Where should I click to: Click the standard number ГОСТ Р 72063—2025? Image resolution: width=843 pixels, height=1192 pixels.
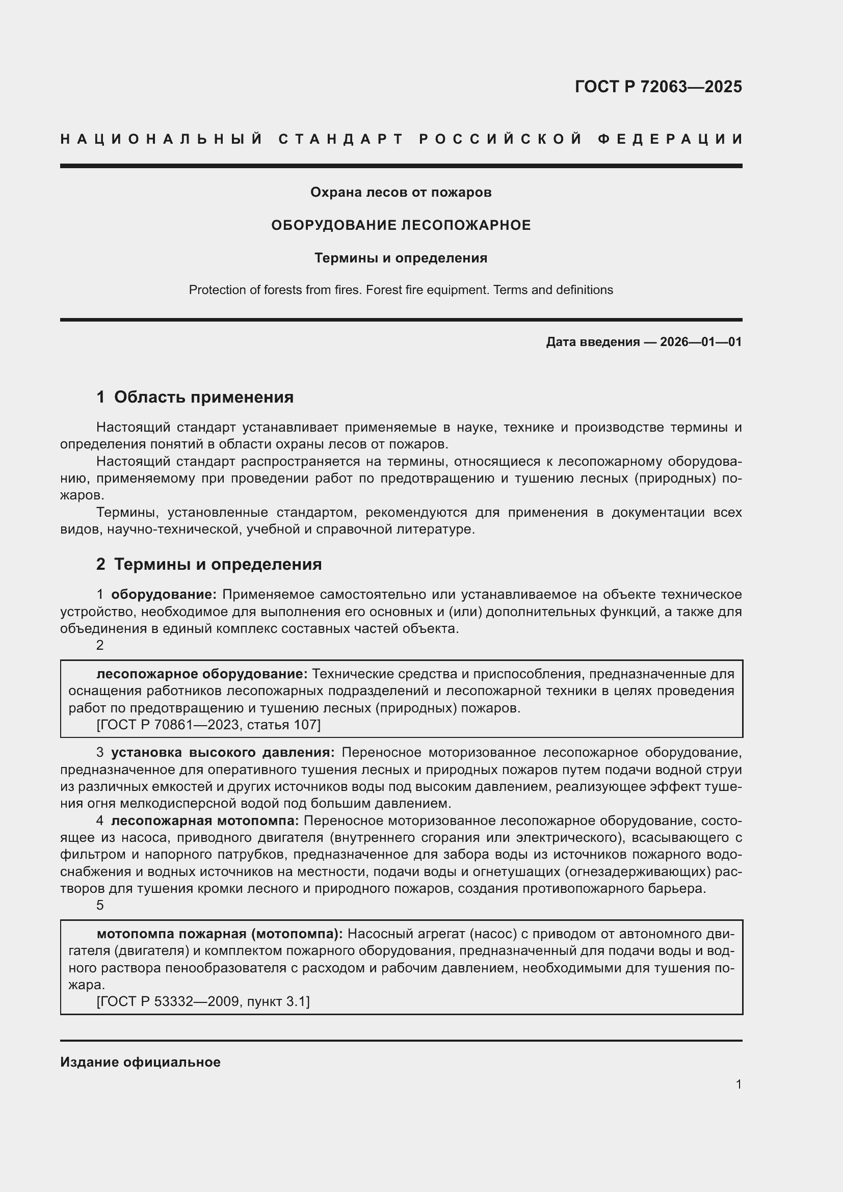[657, 86]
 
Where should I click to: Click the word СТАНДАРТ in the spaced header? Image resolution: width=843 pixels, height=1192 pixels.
[340, 139]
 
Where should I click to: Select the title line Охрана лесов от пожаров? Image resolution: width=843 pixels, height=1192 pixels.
[401, 192]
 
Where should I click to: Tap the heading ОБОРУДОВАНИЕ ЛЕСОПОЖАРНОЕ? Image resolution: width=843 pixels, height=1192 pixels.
[401, 225]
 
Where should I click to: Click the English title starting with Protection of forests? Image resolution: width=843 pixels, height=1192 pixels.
[401, 289]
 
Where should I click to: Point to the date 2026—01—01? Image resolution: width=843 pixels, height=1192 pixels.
[701, 341]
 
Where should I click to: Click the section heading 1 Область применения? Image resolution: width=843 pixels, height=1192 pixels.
[195, 396]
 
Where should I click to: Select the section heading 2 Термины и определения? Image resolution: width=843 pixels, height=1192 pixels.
[208, 564]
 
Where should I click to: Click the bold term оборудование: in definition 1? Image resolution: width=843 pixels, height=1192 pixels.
[164, 594]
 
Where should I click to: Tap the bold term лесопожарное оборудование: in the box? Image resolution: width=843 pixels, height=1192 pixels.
[202, 674]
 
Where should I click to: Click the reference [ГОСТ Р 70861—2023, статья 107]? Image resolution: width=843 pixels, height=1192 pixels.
[208, 724]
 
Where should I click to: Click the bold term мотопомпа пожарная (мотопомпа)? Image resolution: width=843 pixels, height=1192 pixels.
[220, 934]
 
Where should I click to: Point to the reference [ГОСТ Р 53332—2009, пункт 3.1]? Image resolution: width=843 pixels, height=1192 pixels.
[203, 1001]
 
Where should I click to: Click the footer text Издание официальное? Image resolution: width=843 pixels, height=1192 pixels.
[140, 1062]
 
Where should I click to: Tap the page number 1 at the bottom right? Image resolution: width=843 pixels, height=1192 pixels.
[738, 1084]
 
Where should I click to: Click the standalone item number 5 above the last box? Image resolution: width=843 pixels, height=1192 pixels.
[100, 905]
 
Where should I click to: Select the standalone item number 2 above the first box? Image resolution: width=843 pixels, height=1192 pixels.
[100, 645]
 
